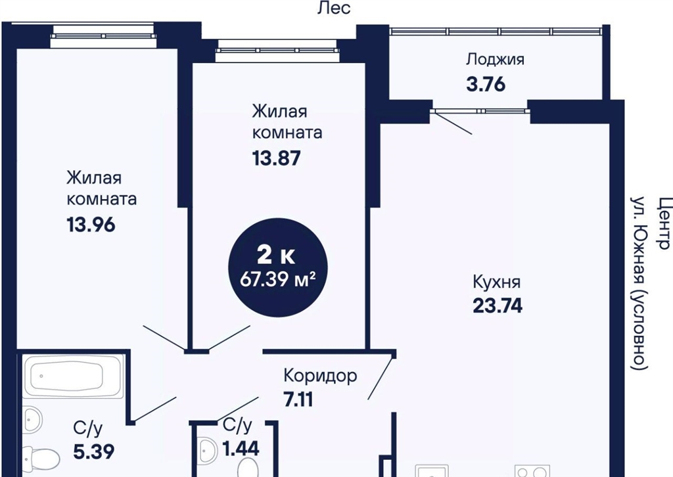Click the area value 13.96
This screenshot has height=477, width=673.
pyautogui.click(x=91, y=224)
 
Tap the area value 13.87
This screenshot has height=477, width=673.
pyautogui.click(x=276, y=158)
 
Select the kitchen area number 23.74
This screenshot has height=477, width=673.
pyautogui.click(x=498, y=306)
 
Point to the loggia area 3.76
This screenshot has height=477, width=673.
pyautogui.click(x=486, y=84)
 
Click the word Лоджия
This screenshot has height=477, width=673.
pyautogui.click(x=496, y=60)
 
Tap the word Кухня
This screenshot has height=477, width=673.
pyautogui.click(x=497, y=283)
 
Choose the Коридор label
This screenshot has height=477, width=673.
pyautogui.click(x=320, y=376)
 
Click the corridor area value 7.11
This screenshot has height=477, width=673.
pyautogui.click(x=298, y=399)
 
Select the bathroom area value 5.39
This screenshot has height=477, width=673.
pyautogui.click(x=93, y=451)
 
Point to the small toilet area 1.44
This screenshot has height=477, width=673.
pyautogui.click(x=241, y=449)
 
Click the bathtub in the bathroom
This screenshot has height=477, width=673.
pyautogui.click(x=74, y=376)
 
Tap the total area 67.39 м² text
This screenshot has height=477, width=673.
pyautogui.click(x=278, y=280)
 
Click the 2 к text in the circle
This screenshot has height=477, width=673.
pyautogui.click(x=275, y=256)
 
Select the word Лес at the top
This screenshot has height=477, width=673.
pyautogui.click(x=334, y=8)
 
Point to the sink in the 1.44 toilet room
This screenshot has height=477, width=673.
pyautogui.click(x=210, y=447)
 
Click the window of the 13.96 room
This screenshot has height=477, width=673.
pyautogui.click(x=102, y=36)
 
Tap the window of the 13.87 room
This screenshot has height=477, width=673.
pyautogui.click(x=277, y=50)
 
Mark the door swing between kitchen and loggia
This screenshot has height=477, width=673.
pyautogui.click(x=452, y=123)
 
